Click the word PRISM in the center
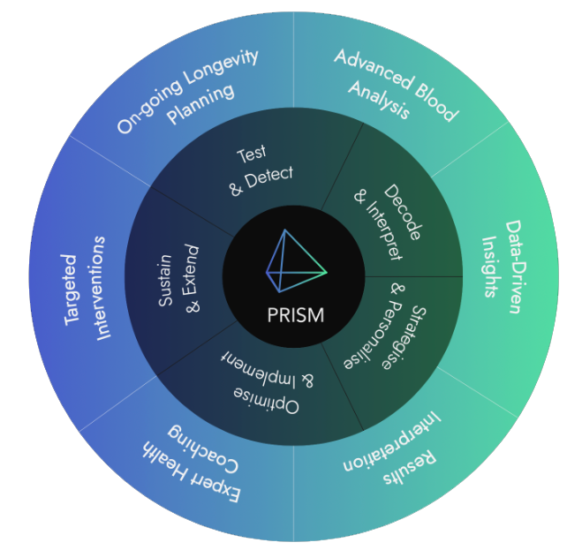point(296,315)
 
